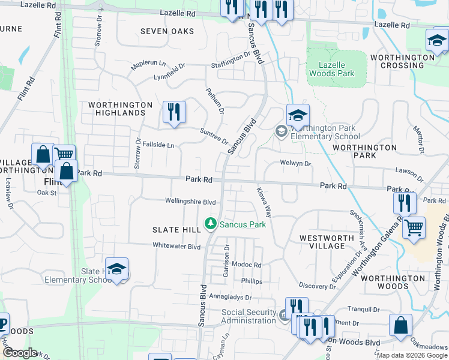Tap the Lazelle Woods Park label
click(331, 69)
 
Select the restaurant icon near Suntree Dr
click(174, 112)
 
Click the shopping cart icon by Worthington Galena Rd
click(414, 227)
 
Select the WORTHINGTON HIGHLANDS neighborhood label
click(121, 109)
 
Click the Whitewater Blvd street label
click(176, 246)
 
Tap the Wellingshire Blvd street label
click(190, 202)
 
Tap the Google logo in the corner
click(20, 353)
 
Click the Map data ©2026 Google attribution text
click(412, 355)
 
